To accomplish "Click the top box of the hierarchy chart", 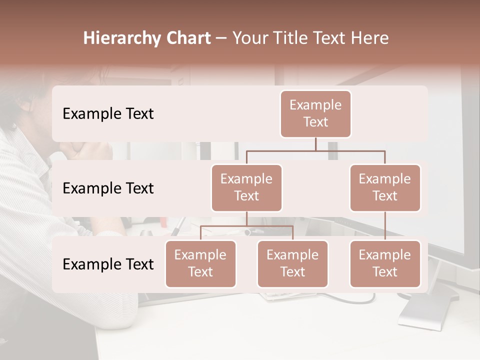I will click(x=315, y=113).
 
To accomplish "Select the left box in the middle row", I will click(x=246, y=187).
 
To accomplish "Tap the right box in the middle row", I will click(x=385, y=187).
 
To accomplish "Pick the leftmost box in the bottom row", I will click(x=200, y=263).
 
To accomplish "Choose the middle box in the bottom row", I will click(x=292, y=263).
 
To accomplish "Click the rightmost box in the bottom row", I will click(x=385, y=263).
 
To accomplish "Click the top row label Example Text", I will click(x=108, y=114).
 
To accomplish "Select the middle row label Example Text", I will click(x=108, y=188).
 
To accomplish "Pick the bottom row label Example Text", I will click(x=108, y=264).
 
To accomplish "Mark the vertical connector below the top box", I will click(x=315, y=144).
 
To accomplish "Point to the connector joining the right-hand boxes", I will click(x=385, y=225).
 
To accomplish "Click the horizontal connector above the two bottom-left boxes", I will click(x=246, y=226).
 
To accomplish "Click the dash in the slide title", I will click(x=221, y=38).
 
